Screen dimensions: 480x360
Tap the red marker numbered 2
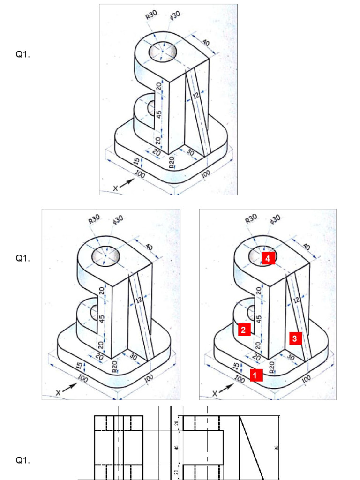pos(243,330)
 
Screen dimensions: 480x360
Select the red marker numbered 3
pos(294,337)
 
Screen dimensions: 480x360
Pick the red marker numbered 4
pos(267,258)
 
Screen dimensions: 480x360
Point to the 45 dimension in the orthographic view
pos(176,448)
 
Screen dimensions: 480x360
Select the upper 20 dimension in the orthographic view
pos(176,423)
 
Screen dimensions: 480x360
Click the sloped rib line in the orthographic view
pos(252,448)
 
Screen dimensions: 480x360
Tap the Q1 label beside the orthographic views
pos(22,460)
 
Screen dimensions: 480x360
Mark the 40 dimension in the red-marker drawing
pos(307,247)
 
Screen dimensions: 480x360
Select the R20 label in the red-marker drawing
pos(271,366)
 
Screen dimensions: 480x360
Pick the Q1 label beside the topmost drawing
pos(22,55)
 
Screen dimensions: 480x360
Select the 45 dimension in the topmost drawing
pos(159,114)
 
